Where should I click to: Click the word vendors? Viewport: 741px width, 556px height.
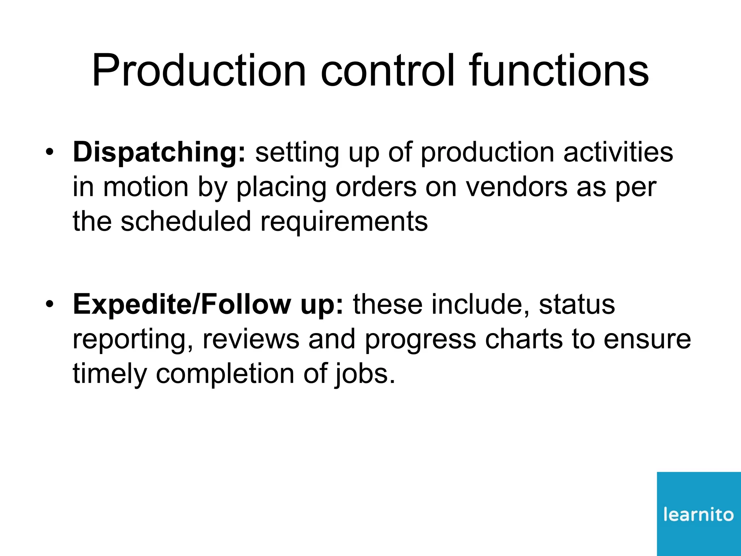[516, 187]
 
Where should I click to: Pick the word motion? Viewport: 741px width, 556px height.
[146, 187]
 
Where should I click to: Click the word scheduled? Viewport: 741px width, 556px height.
[186, 222]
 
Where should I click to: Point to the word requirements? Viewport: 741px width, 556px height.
[344, 222]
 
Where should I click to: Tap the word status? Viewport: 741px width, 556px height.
[577, 304]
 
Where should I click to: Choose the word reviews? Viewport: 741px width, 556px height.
[251, 339]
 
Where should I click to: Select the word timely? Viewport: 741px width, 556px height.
[110, 374]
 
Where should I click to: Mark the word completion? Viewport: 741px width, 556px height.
[225, 374]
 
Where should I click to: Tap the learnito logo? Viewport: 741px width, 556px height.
[699, 514]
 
